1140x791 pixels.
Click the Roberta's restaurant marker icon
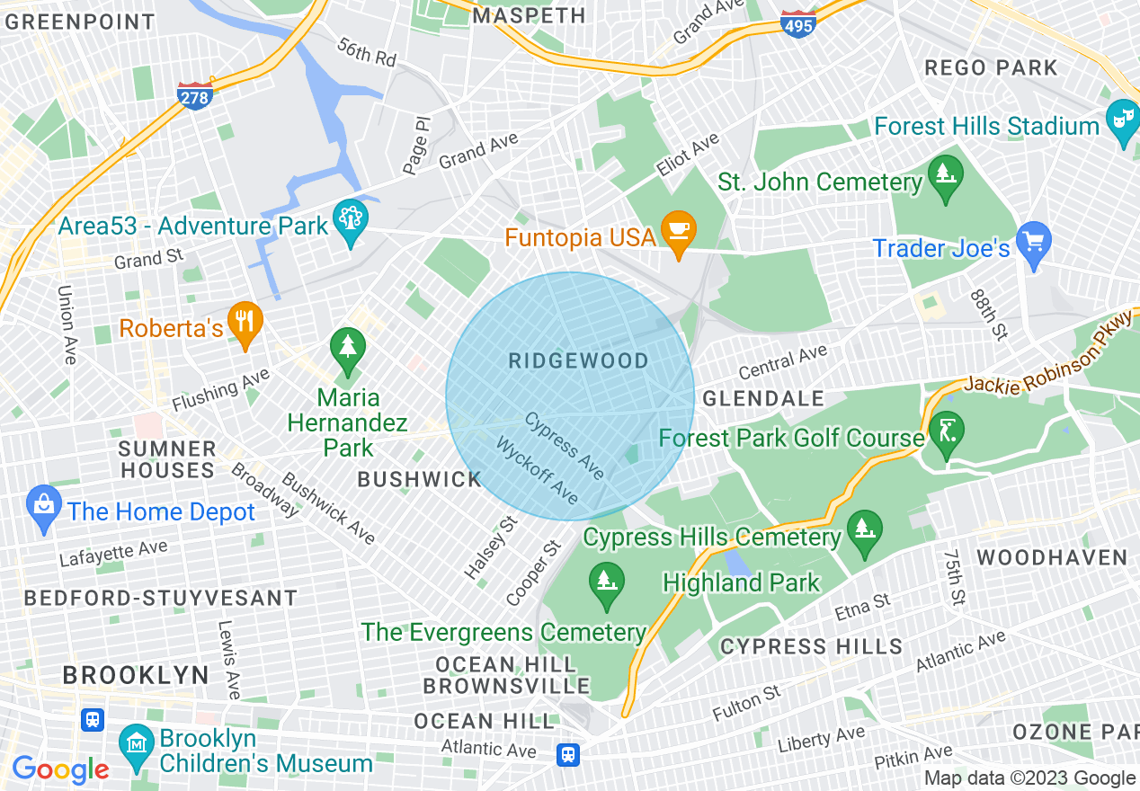point(245,322)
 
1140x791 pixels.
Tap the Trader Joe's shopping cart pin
point(1034,243)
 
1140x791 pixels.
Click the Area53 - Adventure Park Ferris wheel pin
point(349,220)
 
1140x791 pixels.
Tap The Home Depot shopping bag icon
point(44,505)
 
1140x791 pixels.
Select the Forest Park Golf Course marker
point(947,431)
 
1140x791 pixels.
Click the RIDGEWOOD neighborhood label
point(578,361)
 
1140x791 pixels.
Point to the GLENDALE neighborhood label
point(762,398)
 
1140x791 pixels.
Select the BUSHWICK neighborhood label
point(420,479)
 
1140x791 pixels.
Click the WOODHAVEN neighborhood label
point(1052,557)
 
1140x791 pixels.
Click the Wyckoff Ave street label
point(538,471)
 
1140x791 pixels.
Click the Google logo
point(60,769)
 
